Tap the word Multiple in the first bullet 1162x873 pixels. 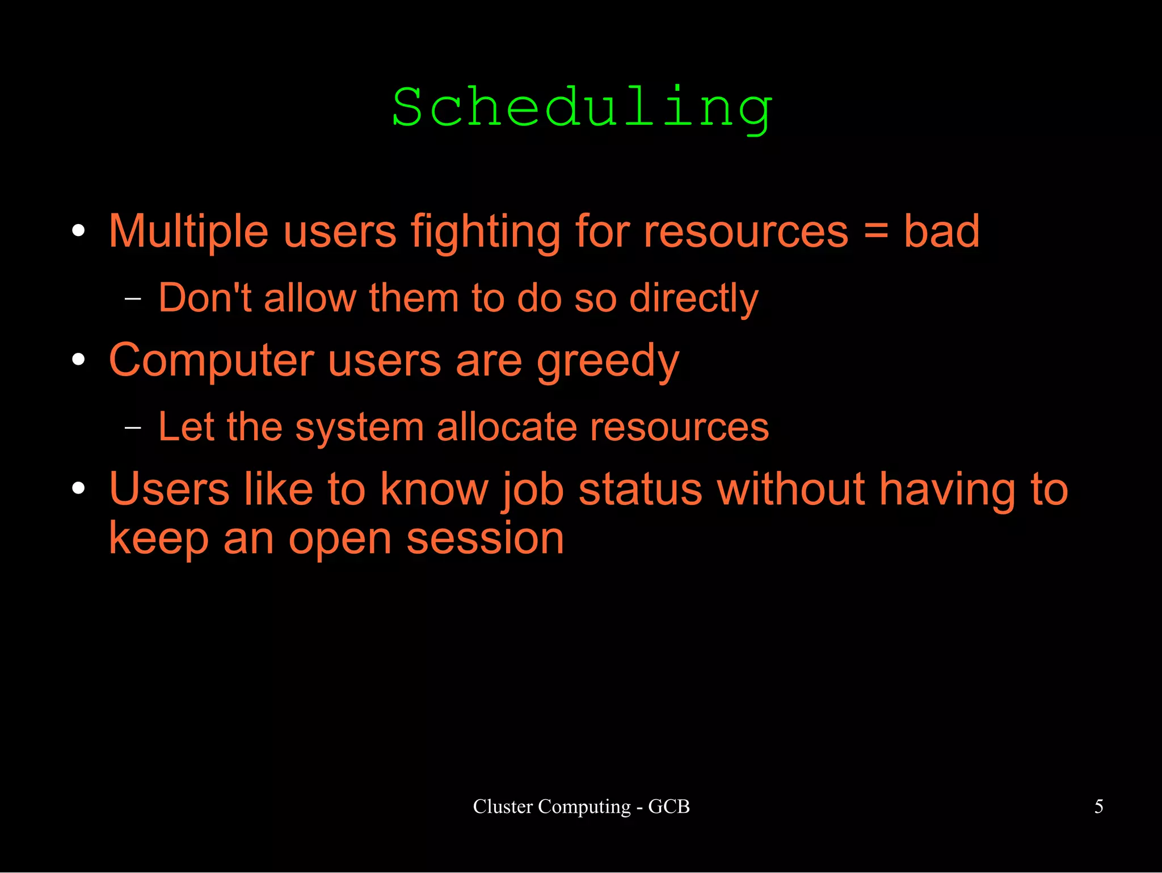coord(188,231)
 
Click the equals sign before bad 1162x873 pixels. coord(876,231)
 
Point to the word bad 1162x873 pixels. coord(941,231)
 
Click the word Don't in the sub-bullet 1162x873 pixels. coord(205,297)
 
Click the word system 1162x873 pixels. coord(359,428)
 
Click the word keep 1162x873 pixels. coord(159,539)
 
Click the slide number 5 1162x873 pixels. coord(1098,806)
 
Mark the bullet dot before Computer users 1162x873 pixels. coord(79,359)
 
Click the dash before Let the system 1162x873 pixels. coord(133,427)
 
